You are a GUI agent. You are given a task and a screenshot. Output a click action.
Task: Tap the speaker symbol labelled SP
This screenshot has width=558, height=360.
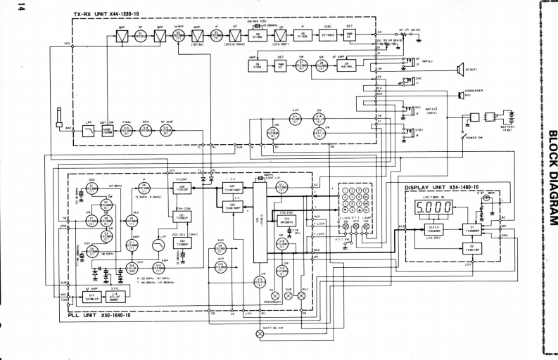pyautogui.click(x=461, y=68)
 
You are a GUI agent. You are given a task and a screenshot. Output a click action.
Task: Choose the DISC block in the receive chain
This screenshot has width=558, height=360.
pyautogui.click(x=326, y=33)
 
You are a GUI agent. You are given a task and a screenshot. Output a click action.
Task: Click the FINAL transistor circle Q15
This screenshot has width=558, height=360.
pyautogui.click(x=127, y=131)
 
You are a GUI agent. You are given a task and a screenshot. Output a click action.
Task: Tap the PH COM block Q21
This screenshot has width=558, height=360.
pyautogui.click(x=182, y=217)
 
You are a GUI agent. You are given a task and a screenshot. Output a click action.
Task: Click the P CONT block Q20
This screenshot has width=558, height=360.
pyautogui.click(x=182, y=187)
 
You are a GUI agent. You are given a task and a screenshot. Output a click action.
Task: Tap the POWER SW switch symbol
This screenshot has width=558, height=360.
pyautogui.click(x=464, y=135)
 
